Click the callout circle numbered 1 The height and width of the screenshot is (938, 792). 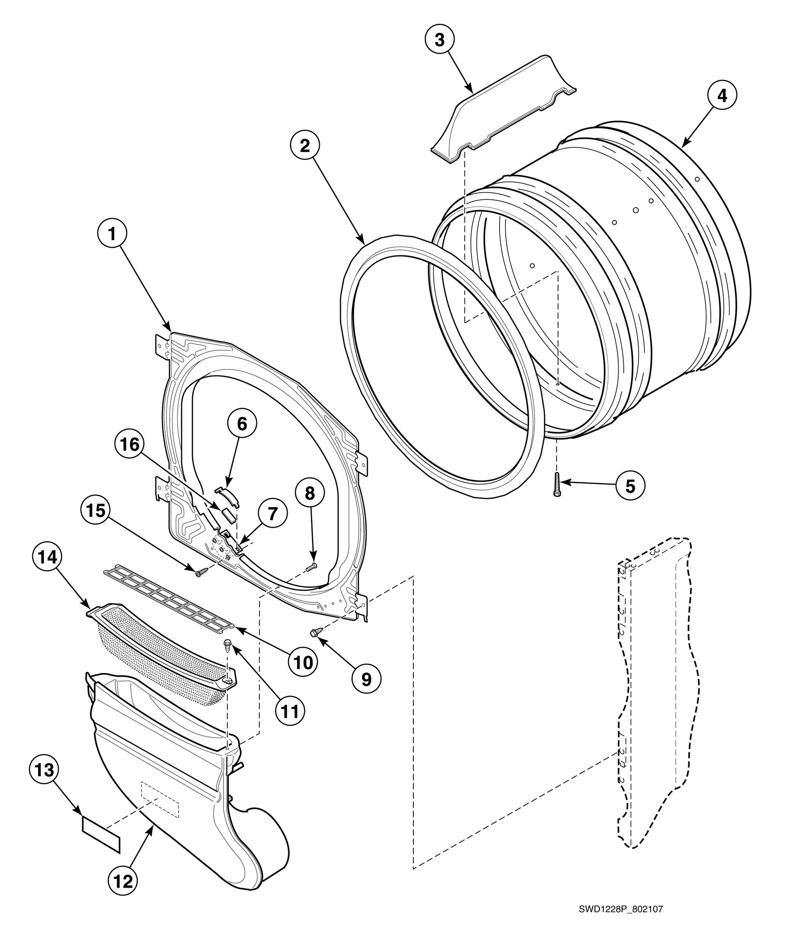(x=112, y=234)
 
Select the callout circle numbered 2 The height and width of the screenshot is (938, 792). (x=305, y=146)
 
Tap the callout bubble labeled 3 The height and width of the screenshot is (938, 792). (x=440, y=40)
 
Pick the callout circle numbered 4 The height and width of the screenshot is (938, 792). (x=722, y=96)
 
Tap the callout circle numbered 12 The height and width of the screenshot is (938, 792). (x=123, y=881)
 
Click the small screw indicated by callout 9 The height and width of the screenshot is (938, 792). (x=315, y=633)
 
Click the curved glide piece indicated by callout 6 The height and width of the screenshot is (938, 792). (x=227, y=496)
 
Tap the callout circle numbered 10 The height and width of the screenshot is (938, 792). (x=303, y=663)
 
